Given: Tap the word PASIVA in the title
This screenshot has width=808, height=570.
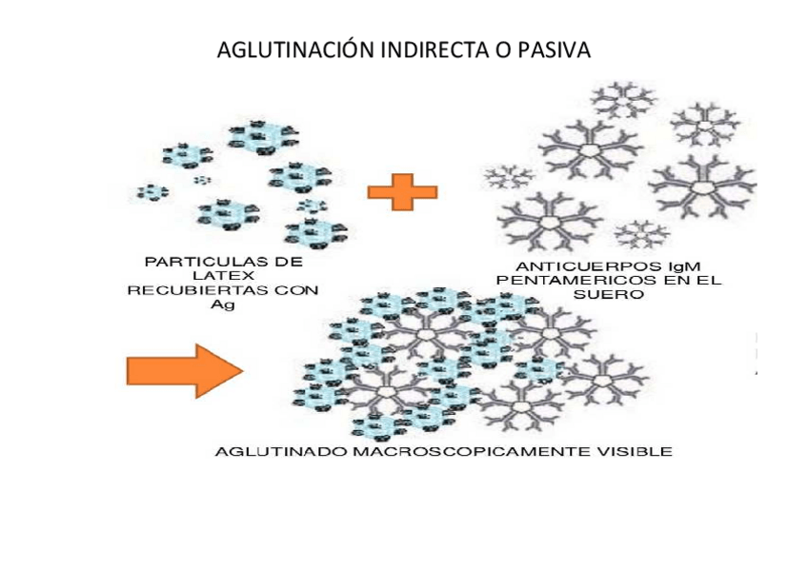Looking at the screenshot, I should (x=554, y=49).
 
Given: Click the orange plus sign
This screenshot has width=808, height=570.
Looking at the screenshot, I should (x=402, y=191).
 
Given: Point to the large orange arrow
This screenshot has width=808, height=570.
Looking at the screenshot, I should (x=185, y=369).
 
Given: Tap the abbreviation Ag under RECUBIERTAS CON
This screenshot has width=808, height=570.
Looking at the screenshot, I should (x=222, y=305).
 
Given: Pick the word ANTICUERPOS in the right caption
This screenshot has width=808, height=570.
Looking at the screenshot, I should (x=575, y=266).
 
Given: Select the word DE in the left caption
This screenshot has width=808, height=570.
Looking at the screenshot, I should (x=290, y=261).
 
